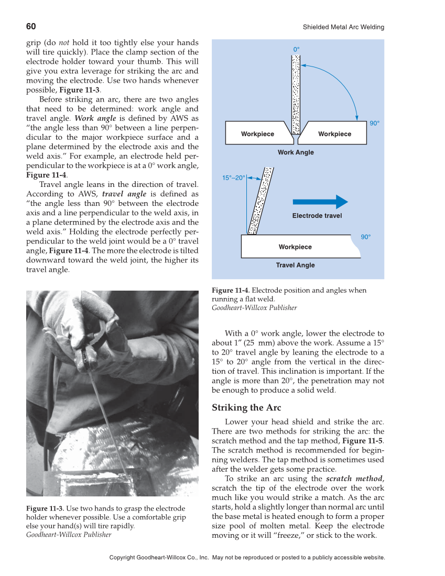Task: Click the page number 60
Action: (x=31, y=27)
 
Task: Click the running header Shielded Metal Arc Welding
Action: (x=343, y=27)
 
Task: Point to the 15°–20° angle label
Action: (x=233, y=178)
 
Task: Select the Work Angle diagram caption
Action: (x=296, y=152)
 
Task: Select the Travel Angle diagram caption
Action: (x=295, y=265)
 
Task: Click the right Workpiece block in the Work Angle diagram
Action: (x=335, y=134)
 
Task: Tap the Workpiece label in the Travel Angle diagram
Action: (x=295, y=247)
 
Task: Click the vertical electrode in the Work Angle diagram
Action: (x=296, y=94)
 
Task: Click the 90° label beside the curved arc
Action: (x=374, y=124)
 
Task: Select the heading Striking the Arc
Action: (x=246, y=408)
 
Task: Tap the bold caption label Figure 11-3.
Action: (x=45, y=508)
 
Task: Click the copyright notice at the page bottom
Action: (x=247, y=558)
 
